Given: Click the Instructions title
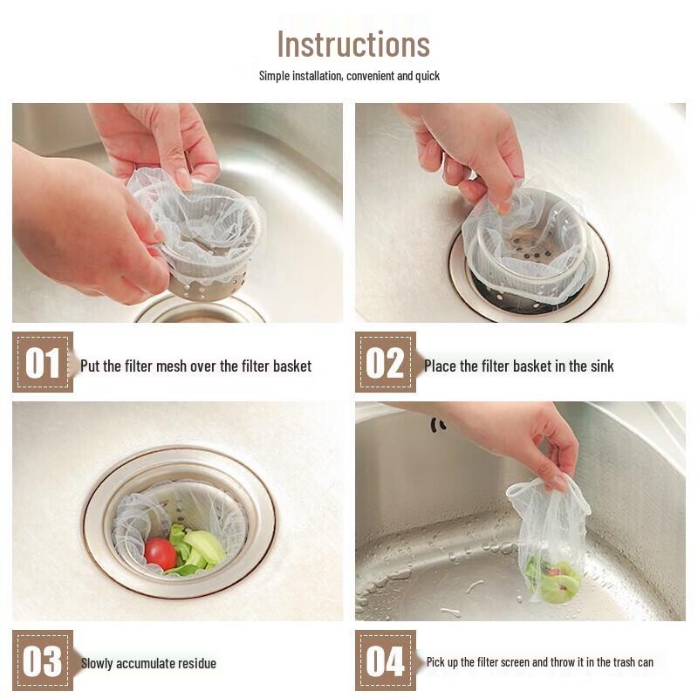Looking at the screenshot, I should [x=353, y=44].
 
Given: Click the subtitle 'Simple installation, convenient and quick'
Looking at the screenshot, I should [x=349, y=76].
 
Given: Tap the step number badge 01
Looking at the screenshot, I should [x=42, y=363].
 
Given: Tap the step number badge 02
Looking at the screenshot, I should [x=385, y=363].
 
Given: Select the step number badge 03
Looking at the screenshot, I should [x=42, y=660].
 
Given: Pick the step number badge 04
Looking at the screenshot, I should [x=385, y=660].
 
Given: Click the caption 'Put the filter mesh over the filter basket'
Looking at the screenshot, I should [x=195, y=366].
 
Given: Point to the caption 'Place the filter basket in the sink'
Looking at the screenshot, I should [x=518, y=366].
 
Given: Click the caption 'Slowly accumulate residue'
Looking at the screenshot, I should [x=148, y=663].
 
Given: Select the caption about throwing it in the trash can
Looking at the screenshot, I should [x=539, y=662].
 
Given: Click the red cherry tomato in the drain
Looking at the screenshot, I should [x=160, y=553].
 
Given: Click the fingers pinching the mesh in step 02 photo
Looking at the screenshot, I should [x=489, y=188].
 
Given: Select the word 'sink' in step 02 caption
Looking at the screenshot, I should [x=600, y=366].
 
